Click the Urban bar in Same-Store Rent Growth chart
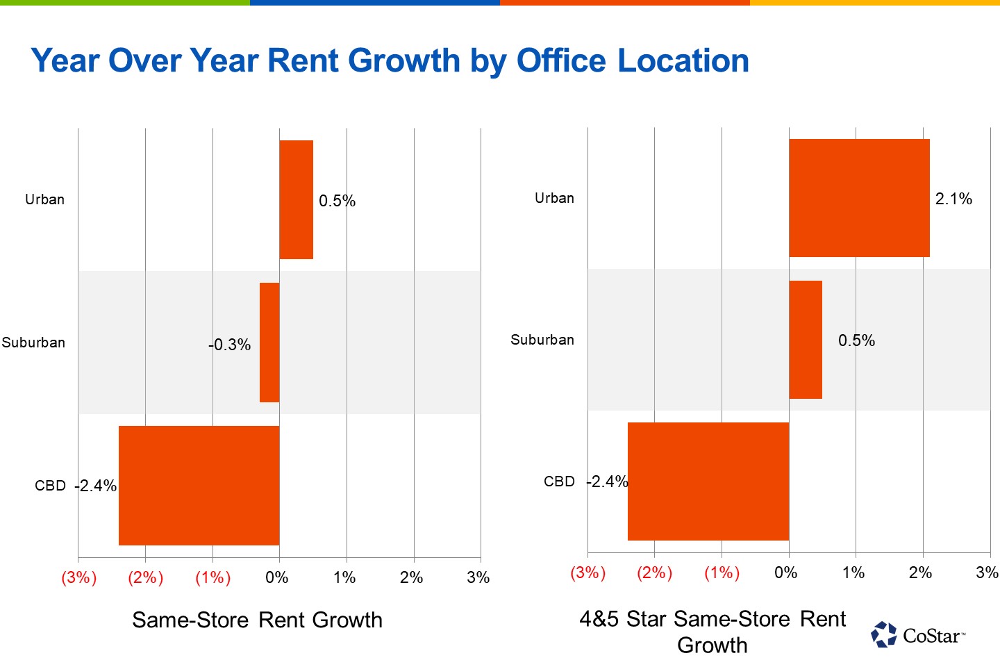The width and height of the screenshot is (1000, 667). point(297,199)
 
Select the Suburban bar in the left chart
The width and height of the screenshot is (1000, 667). point(269,342)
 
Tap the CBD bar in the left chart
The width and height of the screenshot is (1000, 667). point(199,485)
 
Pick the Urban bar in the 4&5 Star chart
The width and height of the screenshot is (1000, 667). point(859,198)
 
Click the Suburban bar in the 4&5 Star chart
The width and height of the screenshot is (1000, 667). point(806,340)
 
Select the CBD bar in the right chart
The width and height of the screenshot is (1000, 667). point(708,481)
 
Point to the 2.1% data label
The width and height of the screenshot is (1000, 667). point(953,199)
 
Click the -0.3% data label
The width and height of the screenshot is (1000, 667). point(230,345)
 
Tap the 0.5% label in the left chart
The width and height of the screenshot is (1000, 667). point(337,201)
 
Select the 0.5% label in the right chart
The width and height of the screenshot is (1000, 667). point(856,340)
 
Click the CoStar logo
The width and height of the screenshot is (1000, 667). point(918,635)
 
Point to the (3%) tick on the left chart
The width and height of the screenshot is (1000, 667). point(78,577)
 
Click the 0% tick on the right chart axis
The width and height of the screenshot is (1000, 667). point(786,573)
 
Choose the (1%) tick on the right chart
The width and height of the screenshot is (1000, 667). point(722,573)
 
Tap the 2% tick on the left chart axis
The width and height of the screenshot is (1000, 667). point(411,577)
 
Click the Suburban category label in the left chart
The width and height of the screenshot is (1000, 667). point(33,343)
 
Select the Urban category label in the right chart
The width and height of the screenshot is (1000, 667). point(554,198)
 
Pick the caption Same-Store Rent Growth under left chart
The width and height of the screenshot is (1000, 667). point(257,620)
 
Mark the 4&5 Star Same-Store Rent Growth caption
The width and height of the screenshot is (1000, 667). point(712,632)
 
